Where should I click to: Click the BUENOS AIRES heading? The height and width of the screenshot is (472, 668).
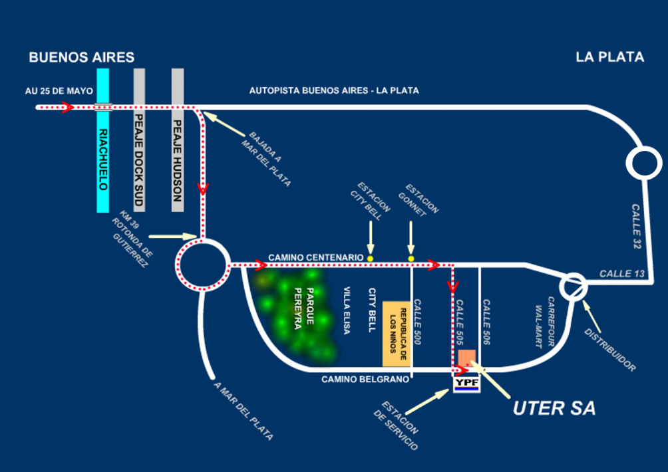(x=81, y=58)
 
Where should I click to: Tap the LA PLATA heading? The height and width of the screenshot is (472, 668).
(x=609, y=57)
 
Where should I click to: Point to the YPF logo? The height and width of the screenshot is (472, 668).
(x=466, y=384)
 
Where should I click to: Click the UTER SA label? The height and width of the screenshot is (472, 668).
(x=554, y=408)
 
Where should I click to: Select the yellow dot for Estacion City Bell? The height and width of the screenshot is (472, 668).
(x=370, y=258)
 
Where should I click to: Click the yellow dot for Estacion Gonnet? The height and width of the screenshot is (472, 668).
(x=411, y=258)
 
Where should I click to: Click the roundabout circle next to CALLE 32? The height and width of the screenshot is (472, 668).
(x=643, y=163)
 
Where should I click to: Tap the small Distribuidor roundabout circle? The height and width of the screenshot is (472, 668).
(x=573, y=287)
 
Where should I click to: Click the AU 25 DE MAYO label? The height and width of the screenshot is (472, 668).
(x=59, y=91)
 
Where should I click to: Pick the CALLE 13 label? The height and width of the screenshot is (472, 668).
(x=621, y=273)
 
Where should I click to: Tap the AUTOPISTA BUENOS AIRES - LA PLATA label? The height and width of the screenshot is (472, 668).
(x=334, y=90)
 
